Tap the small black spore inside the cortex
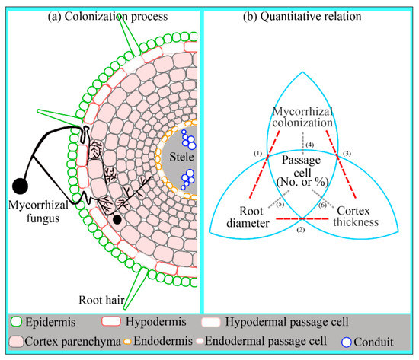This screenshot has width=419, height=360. click(x=117, y=220)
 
